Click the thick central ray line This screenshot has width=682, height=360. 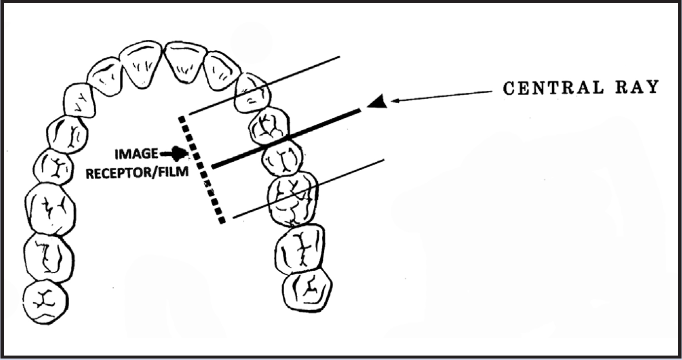click(286, 140)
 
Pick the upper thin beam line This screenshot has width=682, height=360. click(266, 84)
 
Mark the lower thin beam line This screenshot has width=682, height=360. click(311, 188)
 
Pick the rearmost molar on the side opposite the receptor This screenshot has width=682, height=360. click(45, 301)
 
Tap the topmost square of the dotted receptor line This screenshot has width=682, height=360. click(183, 119)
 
